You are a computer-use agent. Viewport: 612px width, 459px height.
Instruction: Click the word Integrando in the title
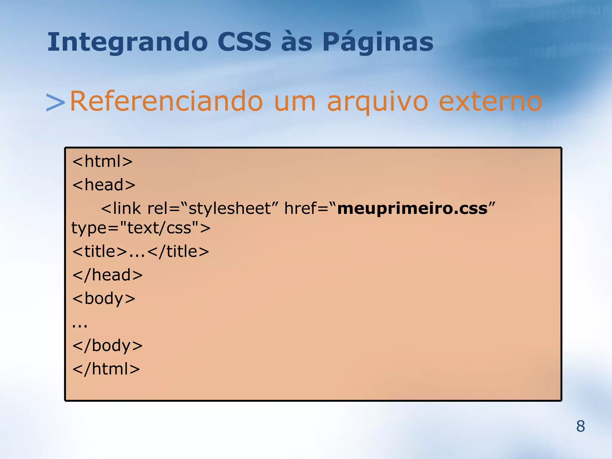(x=127, y=42)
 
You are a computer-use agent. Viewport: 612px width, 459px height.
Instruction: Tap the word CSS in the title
(x=244, y=42)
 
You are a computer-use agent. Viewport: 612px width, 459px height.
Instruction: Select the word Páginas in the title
(x=378, y=42)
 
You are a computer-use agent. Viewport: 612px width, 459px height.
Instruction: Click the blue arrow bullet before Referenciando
(x=55, y=102)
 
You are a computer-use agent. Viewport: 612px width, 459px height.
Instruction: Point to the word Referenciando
(x=166, y=102)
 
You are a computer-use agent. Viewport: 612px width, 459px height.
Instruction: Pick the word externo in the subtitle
(x=490, y=102)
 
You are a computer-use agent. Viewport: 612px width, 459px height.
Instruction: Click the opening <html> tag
(x=102, y=161)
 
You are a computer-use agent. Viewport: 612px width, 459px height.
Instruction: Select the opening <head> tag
(x=104, y=185)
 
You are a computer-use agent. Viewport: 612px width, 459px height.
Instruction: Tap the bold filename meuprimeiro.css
(x=412, y=208)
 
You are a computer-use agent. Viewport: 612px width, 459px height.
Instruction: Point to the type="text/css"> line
(x=141, y=228)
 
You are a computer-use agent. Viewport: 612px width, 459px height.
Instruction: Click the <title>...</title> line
(x=140, y=251)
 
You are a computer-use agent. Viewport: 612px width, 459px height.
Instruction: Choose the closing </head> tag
(x=107, y=275)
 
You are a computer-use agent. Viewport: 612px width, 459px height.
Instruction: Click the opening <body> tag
(x=104, y=299)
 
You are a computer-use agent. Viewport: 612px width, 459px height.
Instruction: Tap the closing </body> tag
(x=107, y=346)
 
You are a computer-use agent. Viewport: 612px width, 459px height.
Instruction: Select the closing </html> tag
(x=106, y=369)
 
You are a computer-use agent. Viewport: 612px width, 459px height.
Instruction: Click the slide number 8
(x=580, y=426)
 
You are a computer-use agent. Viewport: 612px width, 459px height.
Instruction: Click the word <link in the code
(x=121, y=208)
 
